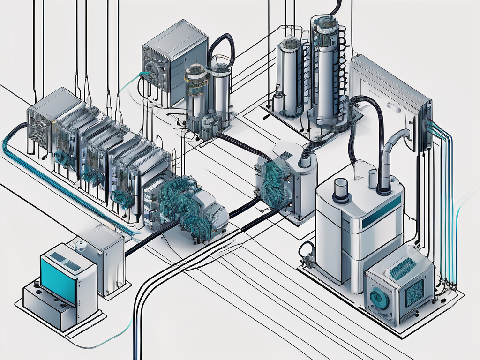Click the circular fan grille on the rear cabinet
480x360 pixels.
click(x=151, y=68)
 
